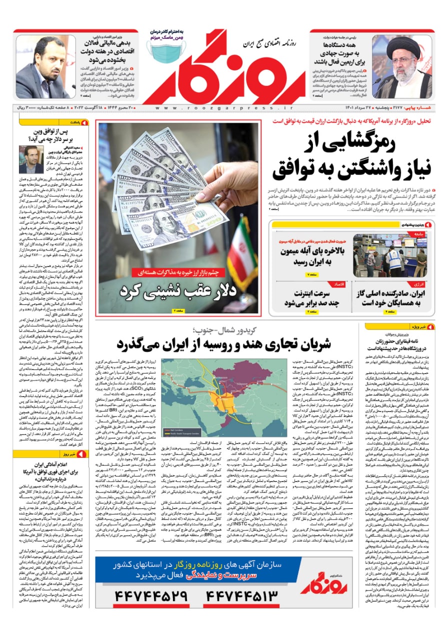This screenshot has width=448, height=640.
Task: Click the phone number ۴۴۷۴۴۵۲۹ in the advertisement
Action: (149, 596)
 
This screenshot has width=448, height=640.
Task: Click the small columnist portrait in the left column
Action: (31, 159)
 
